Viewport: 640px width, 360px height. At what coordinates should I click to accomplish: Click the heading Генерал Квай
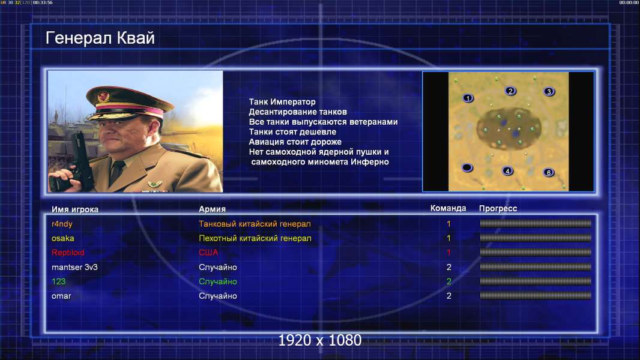100,38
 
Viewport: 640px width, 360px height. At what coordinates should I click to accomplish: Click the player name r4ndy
62,224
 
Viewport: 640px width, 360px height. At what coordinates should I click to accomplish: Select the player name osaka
63,238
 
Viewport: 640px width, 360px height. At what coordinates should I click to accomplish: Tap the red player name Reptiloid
68,253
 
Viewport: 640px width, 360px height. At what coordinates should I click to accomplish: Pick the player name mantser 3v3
74,267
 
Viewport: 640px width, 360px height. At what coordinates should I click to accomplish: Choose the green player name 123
58,281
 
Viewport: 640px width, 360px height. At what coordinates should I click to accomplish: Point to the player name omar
61,296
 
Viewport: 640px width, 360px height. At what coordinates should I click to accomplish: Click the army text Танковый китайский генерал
255,224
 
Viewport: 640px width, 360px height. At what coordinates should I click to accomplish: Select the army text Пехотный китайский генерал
255,238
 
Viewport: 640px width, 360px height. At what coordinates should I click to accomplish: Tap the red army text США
208,253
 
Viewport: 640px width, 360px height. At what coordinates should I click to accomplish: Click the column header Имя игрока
74,209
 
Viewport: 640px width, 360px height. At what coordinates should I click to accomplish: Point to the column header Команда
448,208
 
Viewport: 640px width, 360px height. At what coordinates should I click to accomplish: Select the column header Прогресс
498,209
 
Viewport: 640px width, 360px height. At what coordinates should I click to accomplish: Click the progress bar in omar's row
536,296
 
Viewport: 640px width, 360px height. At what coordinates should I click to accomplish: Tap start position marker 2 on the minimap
510,91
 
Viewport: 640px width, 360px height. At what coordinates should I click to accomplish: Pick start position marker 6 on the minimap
549,172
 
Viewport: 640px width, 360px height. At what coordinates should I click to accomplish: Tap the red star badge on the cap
103,97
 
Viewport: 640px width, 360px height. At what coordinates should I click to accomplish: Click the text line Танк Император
282,102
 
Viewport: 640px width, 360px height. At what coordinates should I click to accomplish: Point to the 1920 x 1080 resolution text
320,340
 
